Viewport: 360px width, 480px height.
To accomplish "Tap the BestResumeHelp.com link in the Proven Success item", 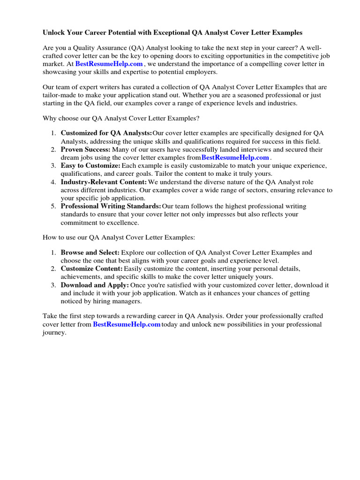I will tap(235, 157).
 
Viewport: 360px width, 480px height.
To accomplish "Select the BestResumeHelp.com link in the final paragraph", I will tap(127, 324).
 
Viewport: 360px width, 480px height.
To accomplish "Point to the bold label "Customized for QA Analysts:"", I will tap(106, 133).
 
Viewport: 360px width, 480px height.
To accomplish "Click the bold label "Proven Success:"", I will tap(85, 150).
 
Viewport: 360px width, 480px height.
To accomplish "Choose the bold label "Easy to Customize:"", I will tap(90, 166).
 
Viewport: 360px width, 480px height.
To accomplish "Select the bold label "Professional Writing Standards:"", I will tap(111, 206).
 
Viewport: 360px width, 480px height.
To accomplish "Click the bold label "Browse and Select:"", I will tap(90, 253).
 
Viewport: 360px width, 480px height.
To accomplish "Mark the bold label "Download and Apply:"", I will tap(95, 285).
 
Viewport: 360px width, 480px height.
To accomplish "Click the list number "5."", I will tap(54, 206).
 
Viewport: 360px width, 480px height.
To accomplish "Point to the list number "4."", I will tap(54, 182).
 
